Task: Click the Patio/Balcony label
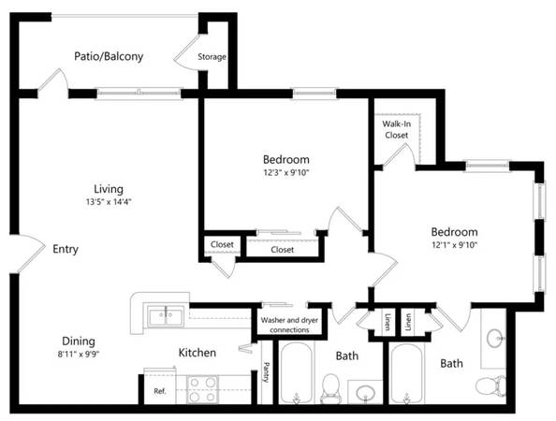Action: (x=109, y=56)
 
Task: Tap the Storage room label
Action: (x=212, y=57)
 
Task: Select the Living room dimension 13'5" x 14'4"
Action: (x=109, y=202)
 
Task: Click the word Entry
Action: (x=66, y=249)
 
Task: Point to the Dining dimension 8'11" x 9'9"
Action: (x=79, y=354)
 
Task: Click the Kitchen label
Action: (x=198, y=353)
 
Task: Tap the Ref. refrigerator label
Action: (x=160, y=391)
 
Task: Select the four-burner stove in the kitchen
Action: (x=202, y=389)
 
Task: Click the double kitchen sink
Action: (x=166, y=316)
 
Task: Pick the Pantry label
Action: (x=266, y=372)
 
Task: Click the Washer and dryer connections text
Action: (x=289, y=325)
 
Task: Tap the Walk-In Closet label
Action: (x=397, y=129)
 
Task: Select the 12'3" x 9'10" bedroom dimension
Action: (x=286, y=173)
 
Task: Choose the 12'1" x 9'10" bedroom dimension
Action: (x=454, y=245)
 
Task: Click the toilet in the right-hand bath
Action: (x=490, y=385)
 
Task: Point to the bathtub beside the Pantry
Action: (x=297, y=372)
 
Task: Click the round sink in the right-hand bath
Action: (x=494, y=338)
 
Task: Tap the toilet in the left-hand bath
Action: (x=330, y=388)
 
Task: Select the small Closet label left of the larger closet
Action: (x=222, y=244)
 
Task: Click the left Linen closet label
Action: (x=388, y=322)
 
